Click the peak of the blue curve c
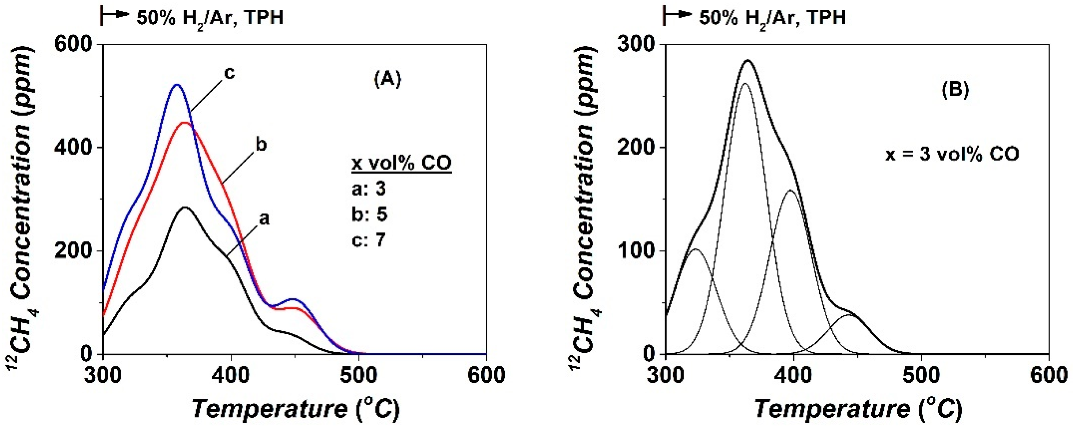[x=177, y=84]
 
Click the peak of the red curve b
[x=185, y=122]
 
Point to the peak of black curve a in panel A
[x=185, y=207]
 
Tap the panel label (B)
[x=955, y=90]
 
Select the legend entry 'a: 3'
[x=368, y=189]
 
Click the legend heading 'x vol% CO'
[x=401, y=163]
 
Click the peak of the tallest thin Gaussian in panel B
[x=745, y=83]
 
